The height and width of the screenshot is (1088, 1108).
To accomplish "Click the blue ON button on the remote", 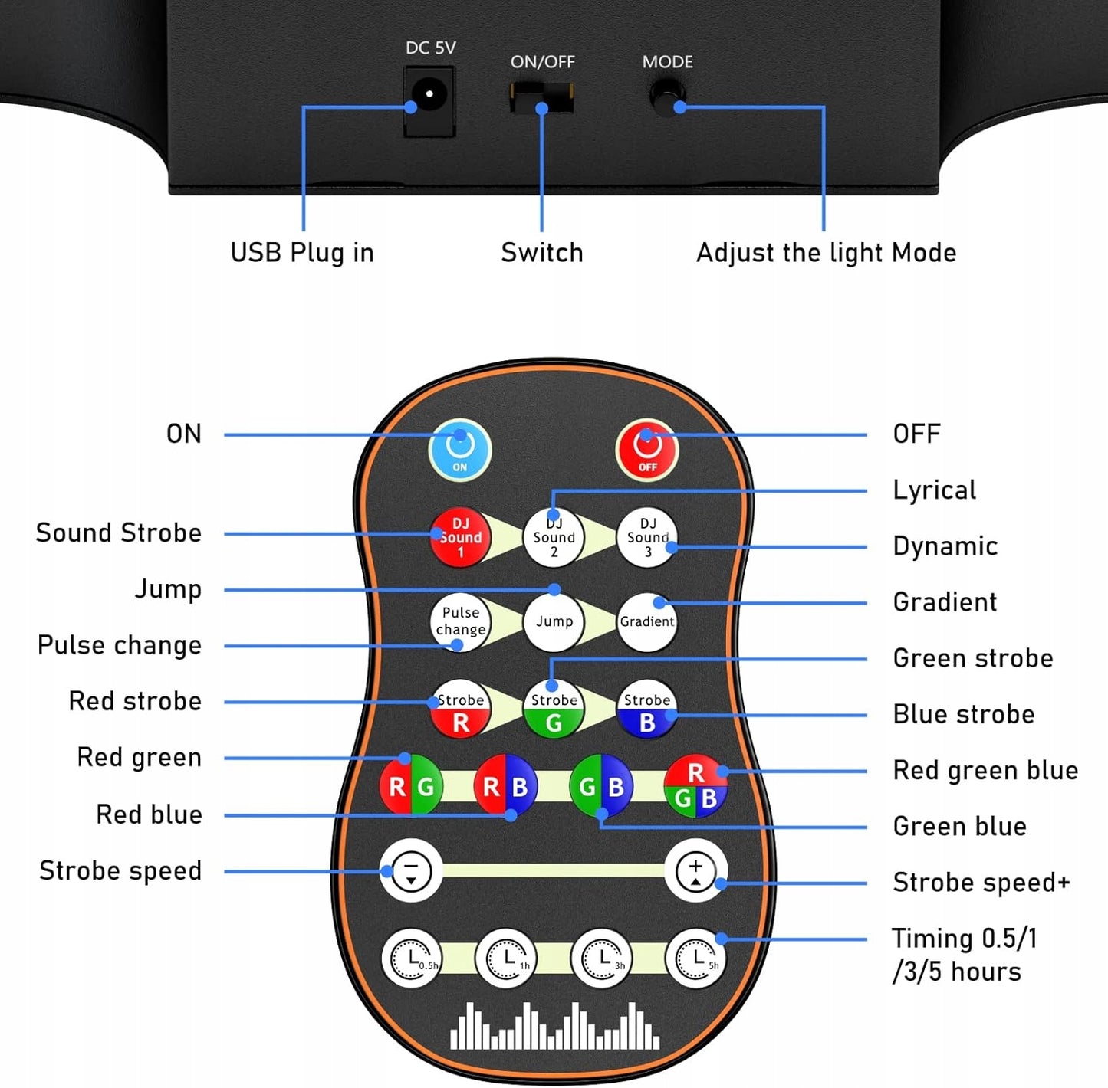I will pos(459,450).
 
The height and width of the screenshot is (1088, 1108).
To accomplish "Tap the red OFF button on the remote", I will pos(647,450).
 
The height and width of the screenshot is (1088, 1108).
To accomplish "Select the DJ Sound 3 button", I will pos(647,537).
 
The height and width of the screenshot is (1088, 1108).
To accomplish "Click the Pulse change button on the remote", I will pos(460,621).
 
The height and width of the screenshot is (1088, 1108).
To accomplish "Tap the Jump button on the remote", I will pos(554,621).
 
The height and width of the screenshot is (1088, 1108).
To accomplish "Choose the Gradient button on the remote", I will pos(647,621).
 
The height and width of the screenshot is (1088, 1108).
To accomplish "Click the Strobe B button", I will pos(647,709).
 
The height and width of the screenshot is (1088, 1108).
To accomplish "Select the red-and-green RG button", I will pos(411,785).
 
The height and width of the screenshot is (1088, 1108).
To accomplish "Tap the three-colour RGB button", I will pos(695,786).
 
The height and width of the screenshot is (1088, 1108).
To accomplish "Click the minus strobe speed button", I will pos(411,871).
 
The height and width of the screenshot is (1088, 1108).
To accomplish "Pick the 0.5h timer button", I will pos(412,958).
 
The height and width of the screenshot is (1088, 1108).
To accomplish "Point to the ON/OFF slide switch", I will pos(541,99).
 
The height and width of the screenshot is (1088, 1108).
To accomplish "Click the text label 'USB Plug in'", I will pos(302,253).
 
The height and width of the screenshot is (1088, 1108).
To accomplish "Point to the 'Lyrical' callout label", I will pos(934,490).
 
